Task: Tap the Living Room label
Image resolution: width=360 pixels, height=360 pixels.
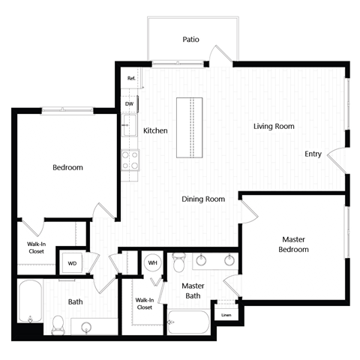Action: coord(273,127)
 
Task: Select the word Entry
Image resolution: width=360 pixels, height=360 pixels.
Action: coord(313,154)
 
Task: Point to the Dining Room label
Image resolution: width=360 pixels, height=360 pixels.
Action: coord(204,199)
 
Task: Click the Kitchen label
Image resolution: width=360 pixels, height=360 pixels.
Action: coord(155,130)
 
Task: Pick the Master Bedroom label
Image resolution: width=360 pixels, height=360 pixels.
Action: coord(293,244)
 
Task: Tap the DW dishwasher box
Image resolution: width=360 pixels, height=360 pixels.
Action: coord(129,103)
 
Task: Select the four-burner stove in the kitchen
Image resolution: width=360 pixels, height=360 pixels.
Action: coord(130,159)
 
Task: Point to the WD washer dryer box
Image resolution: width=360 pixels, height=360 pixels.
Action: coord(73,263)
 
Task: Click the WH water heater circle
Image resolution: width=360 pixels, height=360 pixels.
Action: coord(152,262)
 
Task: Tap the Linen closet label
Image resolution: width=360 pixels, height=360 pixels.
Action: coord(226,315)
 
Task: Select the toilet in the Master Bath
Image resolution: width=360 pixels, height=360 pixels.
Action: coord(179,264)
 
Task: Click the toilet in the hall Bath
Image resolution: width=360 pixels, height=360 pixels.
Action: coord(58,325)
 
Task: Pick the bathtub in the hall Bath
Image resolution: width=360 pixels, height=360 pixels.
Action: coord(29,304)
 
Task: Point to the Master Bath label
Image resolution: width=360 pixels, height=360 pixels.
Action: coord(193,290)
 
